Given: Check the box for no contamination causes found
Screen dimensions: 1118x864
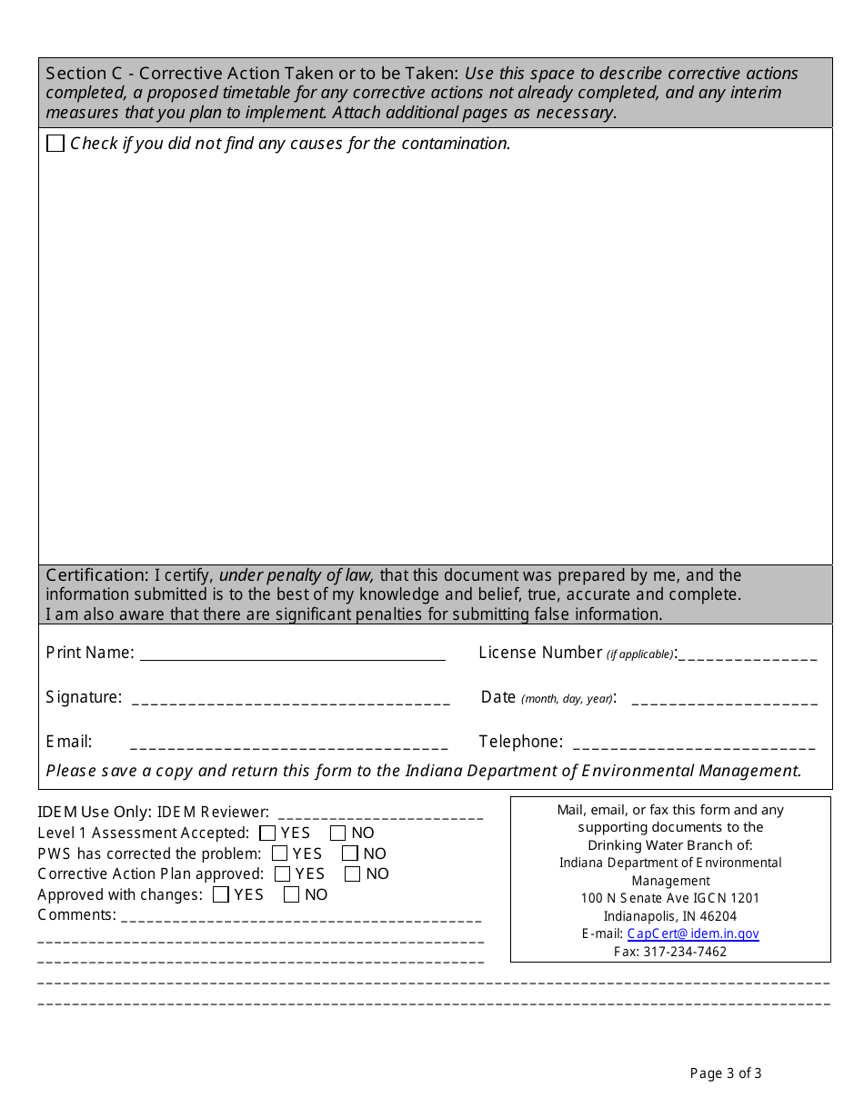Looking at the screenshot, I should click(55, 144).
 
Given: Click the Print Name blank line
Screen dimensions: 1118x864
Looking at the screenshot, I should click(292, 654).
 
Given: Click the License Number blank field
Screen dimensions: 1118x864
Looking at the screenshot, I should click(748, 654).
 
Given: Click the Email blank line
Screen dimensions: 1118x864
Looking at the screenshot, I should click(289, 743).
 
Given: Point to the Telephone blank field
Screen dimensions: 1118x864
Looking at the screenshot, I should click(691, 743).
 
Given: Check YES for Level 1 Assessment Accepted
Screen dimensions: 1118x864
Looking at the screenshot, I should click(267, 833).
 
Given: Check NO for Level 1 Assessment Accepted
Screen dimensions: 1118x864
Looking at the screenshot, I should click(338, 833).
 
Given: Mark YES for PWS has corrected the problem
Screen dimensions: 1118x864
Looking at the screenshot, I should click(280, 853).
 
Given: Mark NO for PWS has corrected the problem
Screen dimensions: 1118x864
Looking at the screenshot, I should click(350, 853).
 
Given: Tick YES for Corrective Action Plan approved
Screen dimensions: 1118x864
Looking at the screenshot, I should click(283, 874).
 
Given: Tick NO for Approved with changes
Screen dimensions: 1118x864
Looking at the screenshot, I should click(292, 895).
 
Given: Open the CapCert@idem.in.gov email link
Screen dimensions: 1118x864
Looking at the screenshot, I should click(693, 933).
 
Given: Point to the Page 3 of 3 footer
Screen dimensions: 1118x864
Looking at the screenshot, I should click(726, 1073).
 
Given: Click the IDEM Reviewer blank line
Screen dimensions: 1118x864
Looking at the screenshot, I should click(380, 813).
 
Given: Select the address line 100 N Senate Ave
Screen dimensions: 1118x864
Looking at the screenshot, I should click(670, 898).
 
